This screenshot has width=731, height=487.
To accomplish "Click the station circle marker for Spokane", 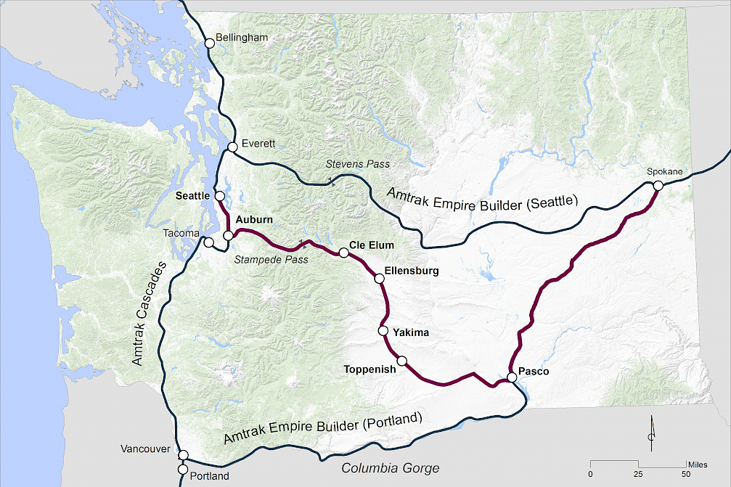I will click(657, 186).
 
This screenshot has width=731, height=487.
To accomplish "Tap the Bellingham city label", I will click(243, 38).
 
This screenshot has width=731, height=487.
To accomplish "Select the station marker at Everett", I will click(232, 147).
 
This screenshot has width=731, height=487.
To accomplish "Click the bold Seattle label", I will click(192, 196).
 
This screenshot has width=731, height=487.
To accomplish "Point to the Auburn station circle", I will click(228, 235).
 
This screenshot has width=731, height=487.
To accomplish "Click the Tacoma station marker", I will click(208, 242).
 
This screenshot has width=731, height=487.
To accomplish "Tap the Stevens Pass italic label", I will click(357, 164).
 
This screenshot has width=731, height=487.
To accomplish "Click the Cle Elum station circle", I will click(343, 253).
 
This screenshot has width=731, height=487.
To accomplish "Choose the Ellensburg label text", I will click(412, 271).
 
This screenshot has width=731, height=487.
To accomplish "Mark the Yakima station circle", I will click(383, 331).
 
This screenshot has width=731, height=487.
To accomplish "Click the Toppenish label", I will click(369, 369).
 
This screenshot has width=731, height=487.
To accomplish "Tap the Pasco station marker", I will click(512, 377).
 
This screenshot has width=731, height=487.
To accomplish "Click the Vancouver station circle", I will click(184, 455).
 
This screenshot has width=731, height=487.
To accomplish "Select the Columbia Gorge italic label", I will click(390, 468).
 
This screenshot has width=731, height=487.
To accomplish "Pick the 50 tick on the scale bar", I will click(686, 474).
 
